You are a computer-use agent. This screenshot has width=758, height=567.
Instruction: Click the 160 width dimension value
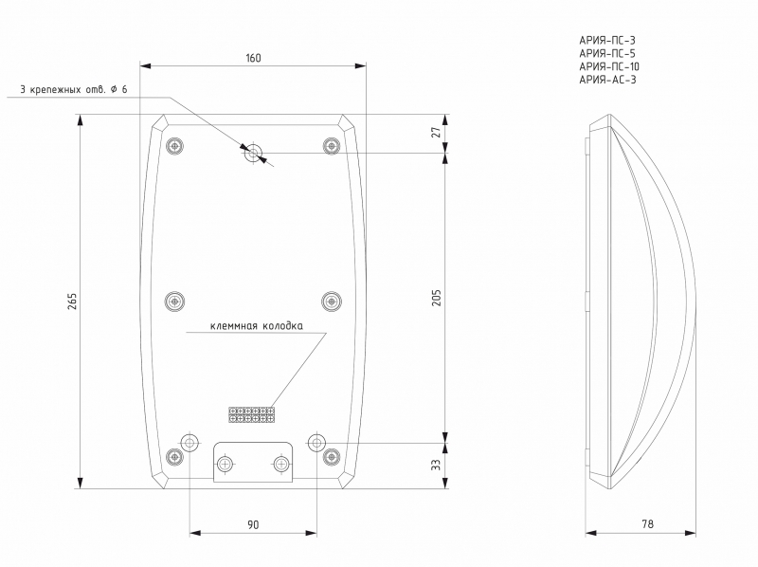click(253, 58)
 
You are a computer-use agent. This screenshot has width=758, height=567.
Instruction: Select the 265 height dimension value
click(72, 302)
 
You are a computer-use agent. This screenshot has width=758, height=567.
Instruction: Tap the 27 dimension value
click(437, 132)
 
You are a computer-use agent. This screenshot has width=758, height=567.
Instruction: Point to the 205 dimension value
click(437, 298)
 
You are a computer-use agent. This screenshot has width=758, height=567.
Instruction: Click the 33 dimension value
click(437, 465)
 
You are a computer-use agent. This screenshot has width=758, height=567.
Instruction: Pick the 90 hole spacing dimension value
click(253, 524)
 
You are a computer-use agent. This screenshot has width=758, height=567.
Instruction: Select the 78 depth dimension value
click(647, 524)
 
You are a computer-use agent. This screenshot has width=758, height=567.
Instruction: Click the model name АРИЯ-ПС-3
click(607, 41)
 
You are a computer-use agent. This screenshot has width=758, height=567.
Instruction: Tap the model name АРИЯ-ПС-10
click(609, 66)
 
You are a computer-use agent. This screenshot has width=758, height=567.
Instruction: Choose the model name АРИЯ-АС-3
click(607, 80)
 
